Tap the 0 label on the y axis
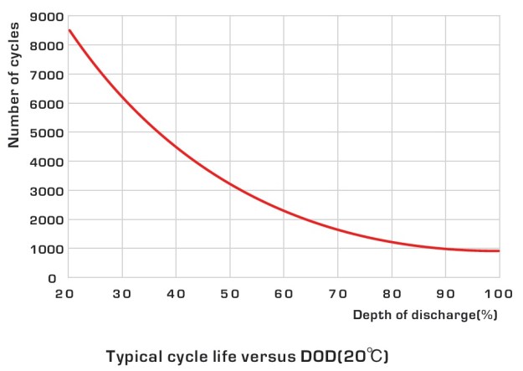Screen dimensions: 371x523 click(52, 278)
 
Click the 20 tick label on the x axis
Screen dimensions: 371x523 click(68, 294)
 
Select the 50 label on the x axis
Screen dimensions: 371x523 click(230, 294)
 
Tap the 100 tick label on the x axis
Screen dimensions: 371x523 click(499, 294)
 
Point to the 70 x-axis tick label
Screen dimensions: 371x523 click(338, 294)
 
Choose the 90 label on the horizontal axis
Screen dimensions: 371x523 click(446, 294)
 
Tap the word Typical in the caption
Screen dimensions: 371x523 click(135, 355)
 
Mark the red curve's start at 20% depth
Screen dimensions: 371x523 click(69, 30)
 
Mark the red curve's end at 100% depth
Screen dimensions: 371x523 click(500, 250)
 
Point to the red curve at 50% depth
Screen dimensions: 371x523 click(230, 183)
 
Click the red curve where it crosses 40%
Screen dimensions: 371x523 click(177, 147)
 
